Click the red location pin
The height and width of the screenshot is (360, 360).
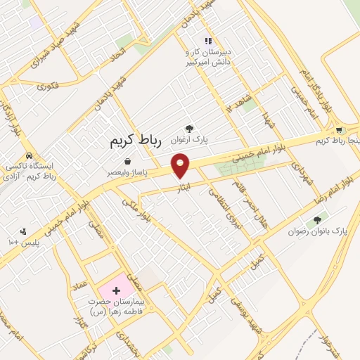pos(181,165)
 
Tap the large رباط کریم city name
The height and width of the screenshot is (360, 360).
pos(136,141)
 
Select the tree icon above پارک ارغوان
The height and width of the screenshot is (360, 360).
pos(188,128)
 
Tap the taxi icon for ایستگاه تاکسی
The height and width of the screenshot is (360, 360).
pos(27,155)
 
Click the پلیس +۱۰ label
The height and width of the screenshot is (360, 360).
pos(32,241)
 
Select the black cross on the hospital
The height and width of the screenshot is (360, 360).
pos(116,290)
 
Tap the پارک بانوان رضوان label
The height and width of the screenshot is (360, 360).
pos(316,231)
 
